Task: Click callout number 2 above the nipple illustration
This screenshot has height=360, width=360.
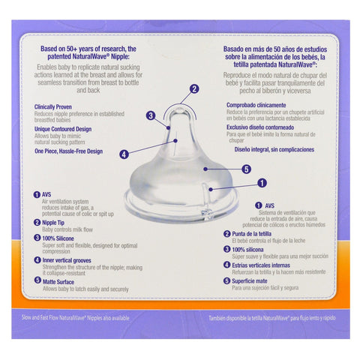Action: (x=194, y=89)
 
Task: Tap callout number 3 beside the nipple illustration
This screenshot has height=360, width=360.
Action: (x=150, y=115)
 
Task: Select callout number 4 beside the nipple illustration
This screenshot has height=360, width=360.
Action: (x=123, y=154)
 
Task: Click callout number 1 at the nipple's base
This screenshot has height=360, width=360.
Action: (x=262, y=182)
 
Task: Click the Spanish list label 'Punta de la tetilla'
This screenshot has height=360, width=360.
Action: (x=252, y=234)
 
